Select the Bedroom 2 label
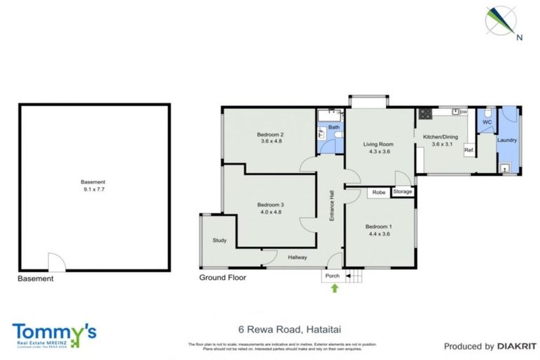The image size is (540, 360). point(270,135)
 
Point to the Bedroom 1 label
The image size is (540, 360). point(378,226)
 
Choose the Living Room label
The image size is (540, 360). point(377,145)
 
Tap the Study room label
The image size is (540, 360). point(219,241)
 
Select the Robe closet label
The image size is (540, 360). point(378,191)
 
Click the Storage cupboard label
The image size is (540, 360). point(403,191)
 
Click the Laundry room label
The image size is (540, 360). point(507,140)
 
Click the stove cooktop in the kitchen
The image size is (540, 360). point(425,112)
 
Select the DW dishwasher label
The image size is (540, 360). point(464,112)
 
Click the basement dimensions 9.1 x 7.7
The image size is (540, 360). point(94,188)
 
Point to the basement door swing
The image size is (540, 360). point(56,261)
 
